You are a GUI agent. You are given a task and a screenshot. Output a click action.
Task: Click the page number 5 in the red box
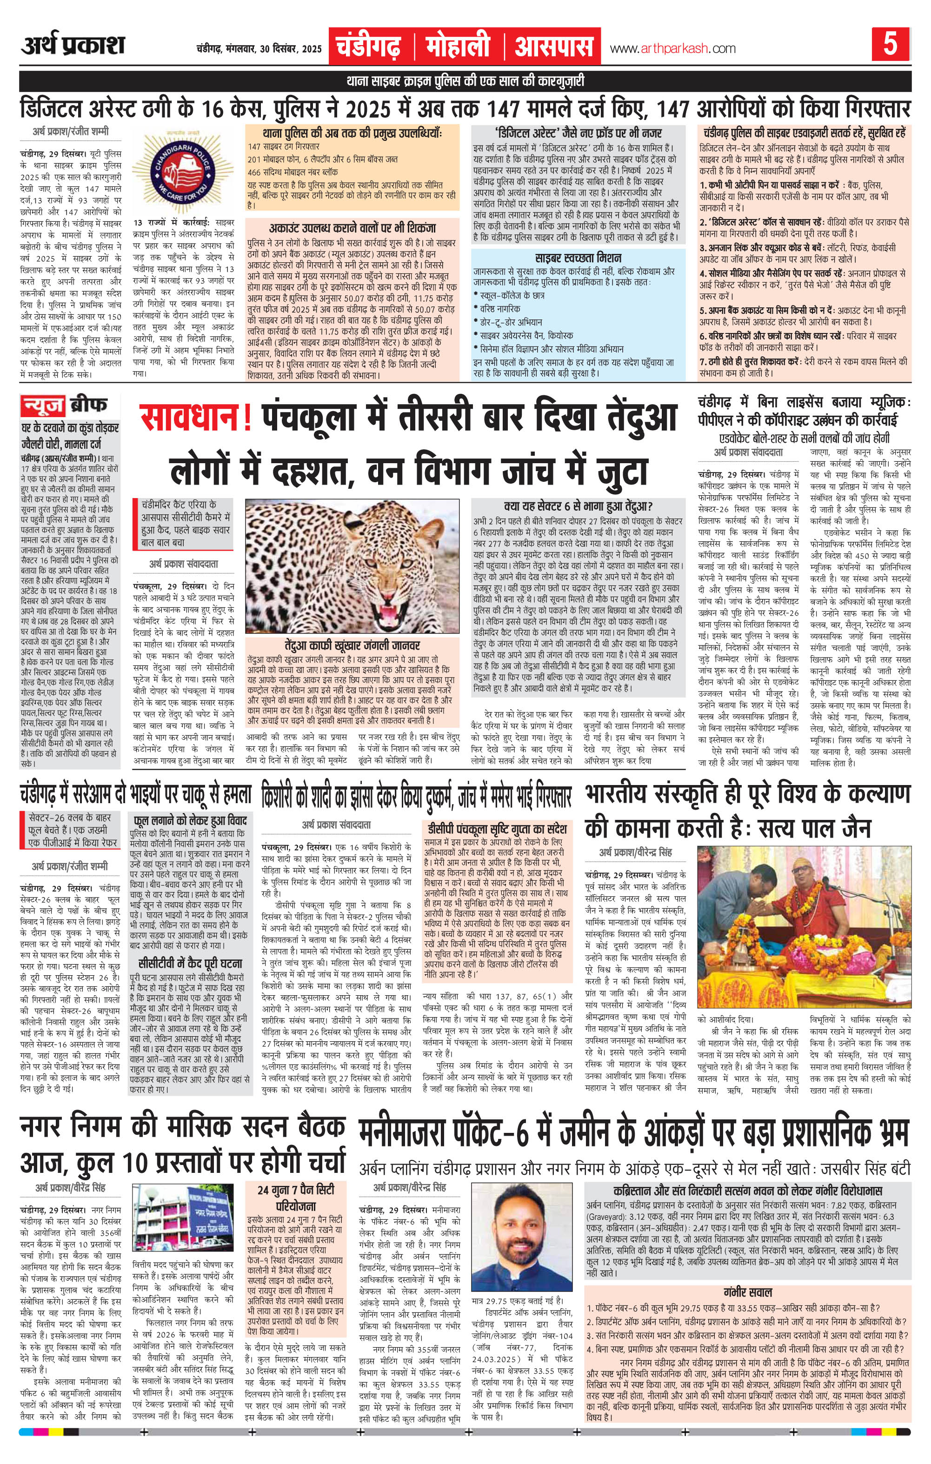point(890,46)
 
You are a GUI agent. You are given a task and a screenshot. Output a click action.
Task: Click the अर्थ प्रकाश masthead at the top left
point(73,46)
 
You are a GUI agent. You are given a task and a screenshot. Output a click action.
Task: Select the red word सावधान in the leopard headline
point(193,419)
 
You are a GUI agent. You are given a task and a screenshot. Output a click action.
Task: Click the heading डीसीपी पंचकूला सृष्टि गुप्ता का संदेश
point(496,829)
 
